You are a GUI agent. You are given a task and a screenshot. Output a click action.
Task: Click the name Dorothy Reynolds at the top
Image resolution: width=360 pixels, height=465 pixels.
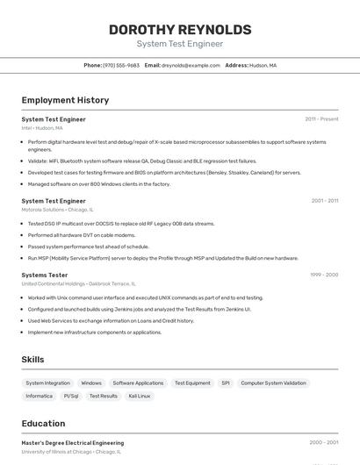(x=180, y=30)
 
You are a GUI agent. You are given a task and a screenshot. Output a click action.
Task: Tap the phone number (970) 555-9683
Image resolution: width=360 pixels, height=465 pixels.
(x=120, y=65)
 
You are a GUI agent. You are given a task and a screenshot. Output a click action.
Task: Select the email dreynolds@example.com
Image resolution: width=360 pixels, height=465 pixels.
(x=191, y=65)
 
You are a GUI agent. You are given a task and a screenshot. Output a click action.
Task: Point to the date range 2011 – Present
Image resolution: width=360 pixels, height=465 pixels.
(x=321, y=118)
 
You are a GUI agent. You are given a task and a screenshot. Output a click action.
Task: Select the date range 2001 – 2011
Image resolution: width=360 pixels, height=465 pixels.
(x=324, y=200)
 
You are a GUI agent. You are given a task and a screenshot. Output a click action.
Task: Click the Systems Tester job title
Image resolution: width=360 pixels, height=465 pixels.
(x=45, y=275)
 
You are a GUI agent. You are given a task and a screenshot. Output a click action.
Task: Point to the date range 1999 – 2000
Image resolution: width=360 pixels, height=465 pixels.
(x=323, y=275)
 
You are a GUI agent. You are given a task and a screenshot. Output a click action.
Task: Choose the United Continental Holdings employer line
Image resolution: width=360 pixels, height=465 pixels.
(x=78, y=284)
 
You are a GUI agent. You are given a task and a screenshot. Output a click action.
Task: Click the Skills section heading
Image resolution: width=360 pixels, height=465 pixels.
(x=33, y=360)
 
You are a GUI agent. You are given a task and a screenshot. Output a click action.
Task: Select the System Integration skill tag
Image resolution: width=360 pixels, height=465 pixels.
(x=47, y=383)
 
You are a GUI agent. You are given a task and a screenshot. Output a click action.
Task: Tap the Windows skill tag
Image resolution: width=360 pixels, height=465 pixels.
(x=91, y=383)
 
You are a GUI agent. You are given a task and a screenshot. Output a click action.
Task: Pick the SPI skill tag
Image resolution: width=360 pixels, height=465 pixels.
(x=226, y=383)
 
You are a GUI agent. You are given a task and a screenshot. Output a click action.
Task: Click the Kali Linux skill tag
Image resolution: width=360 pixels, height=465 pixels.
(x=140, y=396)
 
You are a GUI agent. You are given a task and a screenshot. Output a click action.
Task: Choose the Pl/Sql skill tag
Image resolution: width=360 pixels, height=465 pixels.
(x=71, y=396)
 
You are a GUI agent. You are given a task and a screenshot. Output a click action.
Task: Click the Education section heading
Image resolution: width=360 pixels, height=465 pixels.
(x=43, y=423)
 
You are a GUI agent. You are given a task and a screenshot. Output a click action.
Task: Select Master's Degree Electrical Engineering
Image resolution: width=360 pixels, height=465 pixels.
(x=73, y=443)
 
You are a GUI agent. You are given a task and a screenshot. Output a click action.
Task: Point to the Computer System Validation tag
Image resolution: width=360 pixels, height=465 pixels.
(x=273, y=383)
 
